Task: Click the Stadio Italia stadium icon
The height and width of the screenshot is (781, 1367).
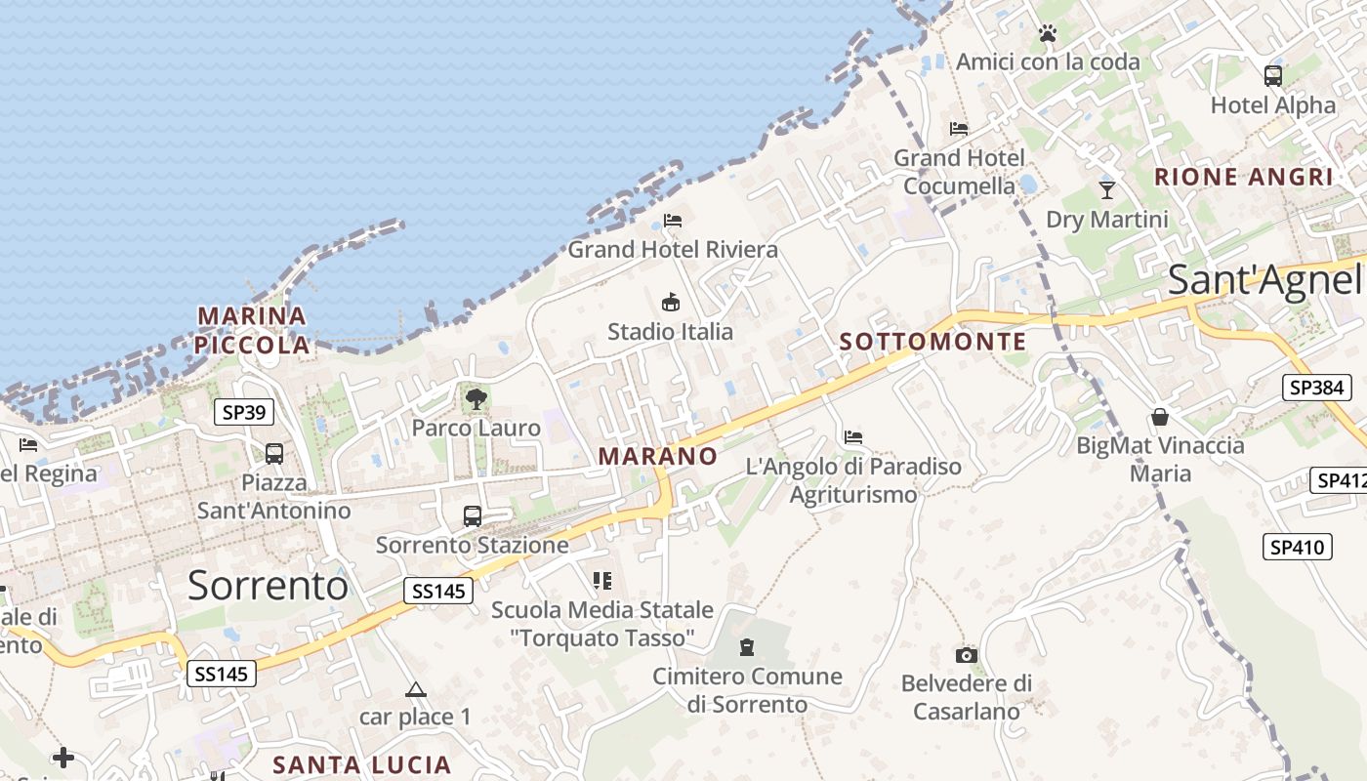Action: click(671, 303)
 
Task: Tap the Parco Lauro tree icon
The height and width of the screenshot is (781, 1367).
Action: click(476, 398)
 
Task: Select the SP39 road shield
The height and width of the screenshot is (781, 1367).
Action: click(243, 412)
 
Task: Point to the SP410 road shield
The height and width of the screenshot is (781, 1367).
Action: click(1298, 547)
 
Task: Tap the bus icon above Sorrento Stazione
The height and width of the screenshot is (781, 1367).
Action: click(473, 515)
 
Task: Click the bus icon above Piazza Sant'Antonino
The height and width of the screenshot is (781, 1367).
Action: click(274, 453)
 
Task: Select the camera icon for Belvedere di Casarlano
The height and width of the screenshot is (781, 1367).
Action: click(967, 655)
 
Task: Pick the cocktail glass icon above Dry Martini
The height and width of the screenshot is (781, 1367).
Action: click(1106, 189)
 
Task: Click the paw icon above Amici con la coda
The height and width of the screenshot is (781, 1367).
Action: click(1048, 33)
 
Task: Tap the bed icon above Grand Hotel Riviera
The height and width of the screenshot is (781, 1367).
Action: click(672, 220)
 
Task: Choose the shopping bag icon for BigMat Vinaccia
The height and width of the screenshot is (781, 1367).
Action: click(1160, 417)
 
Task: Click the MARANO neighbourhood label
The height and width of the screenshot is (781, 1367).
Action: click(657, 456)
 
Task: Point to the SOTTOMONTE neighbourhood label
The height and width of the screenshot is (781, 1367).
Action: click(932, 342)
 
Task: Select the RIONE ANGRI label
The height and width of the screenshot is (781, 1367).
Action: click(1243, 177)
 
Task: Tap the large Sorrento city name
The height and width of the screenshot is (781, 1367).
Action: click(268, 585)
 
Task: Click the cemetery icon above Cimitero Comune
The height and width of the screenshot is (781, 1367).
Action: click(747, 646)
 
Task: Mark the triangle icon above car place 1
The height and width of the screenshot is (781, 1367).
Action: click(416, 689)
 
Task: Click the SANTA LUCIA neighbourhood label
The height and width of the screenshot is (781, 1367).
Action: click(361, 764)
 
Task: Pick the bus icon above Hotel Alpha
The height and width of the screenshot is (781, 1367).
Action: click(1272, 75)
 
